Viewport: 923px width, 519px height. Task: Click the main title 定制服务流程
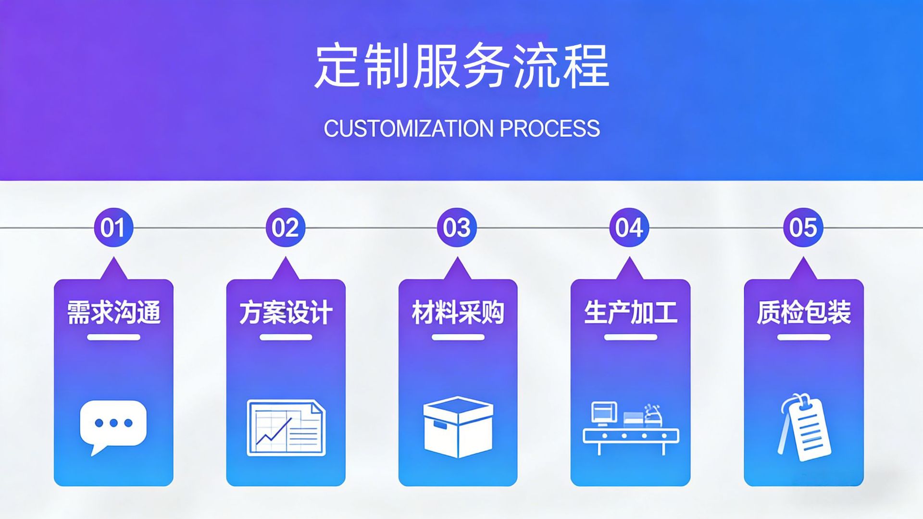pos(461,66)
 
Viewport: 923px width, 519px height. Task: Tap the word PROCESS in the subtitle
pos(549,128)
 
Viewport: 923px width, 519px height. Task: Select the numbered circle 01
pos(113,228)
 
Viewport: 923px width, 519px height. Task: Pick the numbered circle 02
pos(286,228)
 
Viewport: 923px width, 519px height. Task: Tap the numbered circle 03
pos(457,228)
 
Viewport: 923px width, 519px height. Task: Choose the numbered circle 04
pos(629,228)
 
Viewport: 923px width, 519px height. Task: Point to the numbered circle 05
pos(803,228)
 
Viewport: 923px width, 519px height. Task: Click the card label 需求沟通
pos(113,313)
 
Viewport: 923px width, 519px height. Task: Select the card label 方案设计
pos(286,313)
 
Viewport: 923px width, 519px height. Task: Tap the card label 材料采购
pos(458,313)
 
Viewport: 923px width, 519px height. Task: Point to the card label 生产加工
pos(630,313)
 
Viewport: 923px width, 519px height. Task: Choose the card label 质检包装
pos(803,313)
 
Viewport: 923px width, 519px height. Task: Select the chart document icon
pos(286,428)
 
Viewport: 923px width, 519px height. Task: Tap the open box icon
pos(458,427)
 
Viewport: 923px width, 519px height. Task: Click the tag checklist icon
pos(804,428)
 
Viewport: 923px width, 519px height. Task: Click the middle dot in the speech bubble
pos(113,423)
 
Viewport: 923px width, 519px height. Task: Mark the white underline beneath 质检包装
pos(803,337)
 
